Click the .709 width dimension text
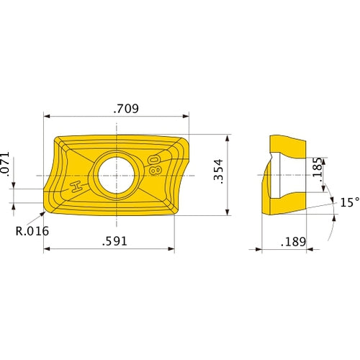pyautogui.click(x=126, y=109)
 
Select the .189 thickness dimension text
pyautogui.click(x=293, y=241)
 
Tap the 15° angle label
pyautogui.click(x=349, y=203)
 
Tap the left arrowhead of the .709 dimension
pyautogui.click(x=48, y=117)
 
